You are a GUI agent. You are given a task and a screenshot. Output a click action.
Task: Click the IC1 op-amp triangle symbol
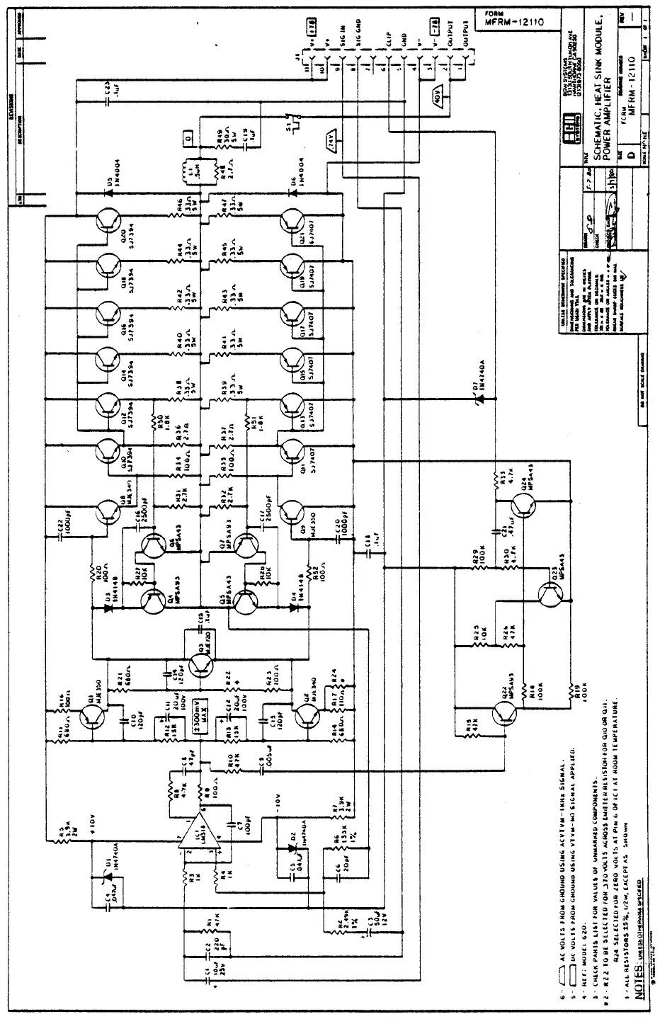pyautogui.click(x=199, y=835)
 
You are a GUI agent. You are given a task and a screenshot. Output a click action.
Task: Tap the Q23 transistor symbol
pyautogui.click(x=553, y=596)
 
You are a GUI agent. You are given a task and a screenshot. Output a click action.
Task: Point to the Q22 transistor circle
pyautogui.click(x=504, y=716)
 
